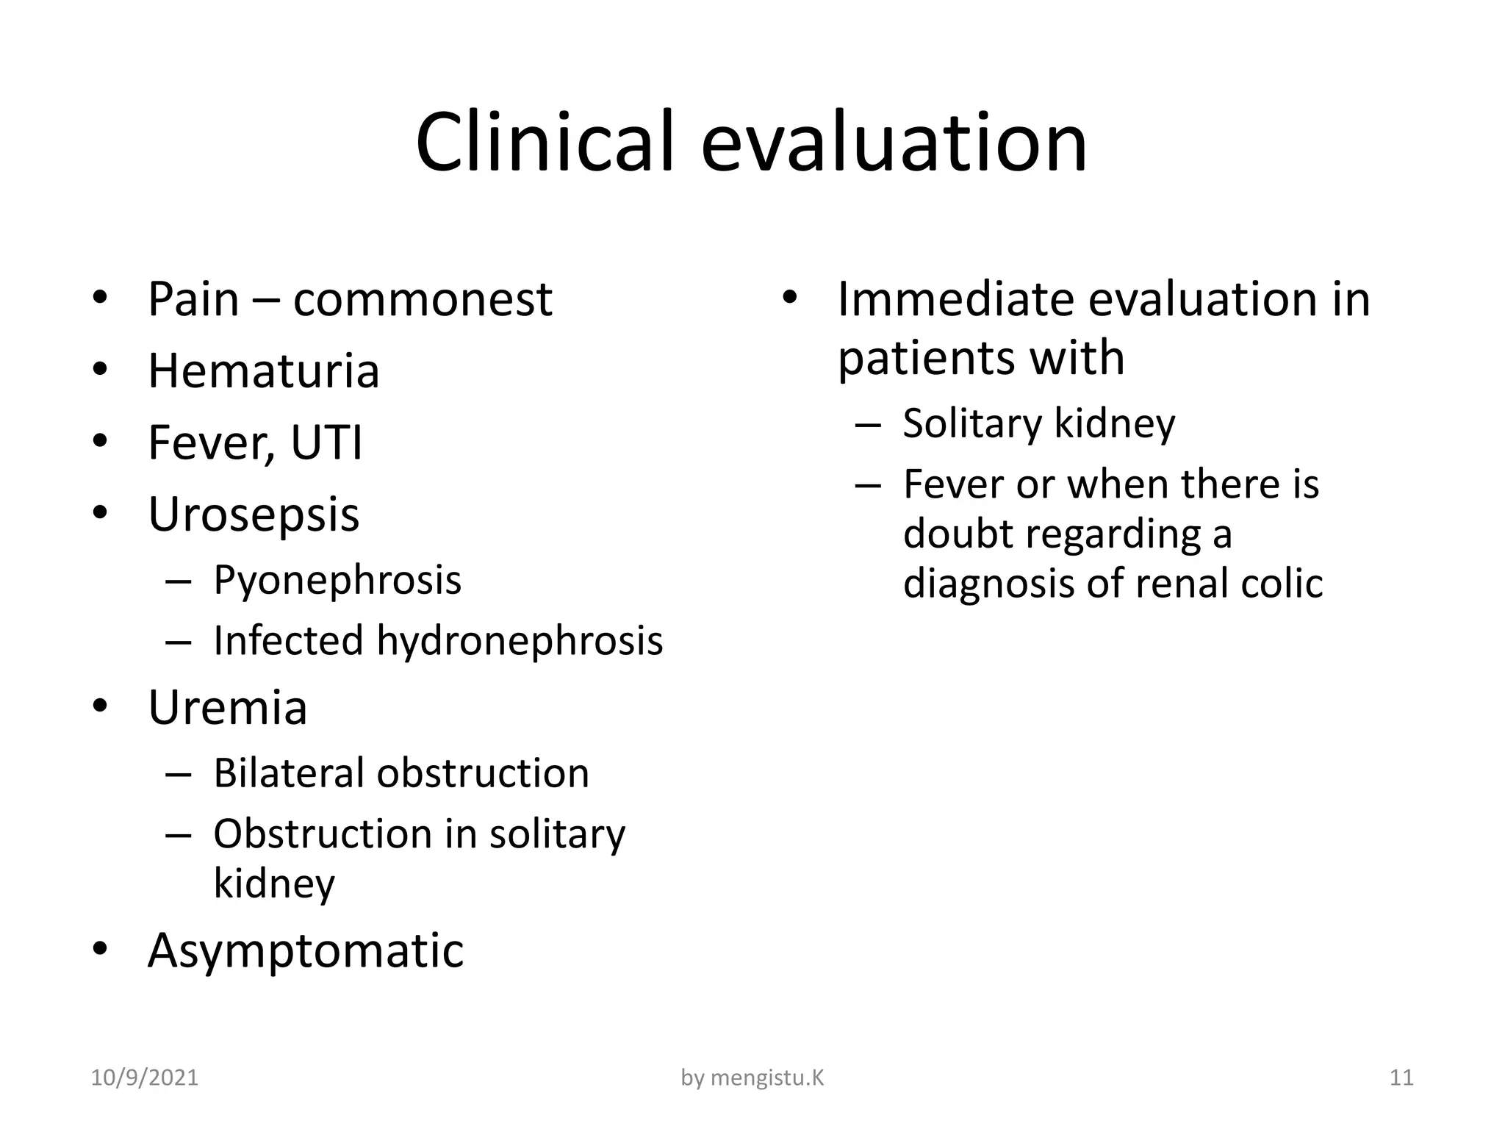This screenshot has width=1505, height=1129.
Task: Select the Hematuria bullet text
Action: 263,371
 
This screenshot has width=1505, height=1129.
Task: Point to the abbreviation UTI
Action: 326,443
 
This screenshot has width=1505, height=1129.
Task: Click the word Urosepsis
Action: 254,514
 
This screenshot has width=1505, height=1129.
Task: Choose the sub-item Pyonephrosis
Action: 337,580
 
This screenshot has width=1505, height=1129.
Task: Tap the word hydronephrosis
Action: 520,641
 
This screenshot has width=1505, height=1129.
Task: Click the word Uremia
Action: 227,708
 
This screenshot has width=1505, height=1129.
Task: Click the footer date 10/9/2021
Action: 145,1078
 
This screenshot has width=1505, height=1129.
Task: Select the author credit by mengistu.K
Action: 752,1078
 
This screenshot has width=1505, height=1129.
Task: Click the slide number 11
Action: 1401,1078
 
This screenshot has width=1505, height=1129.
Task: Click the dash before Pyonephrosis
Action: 179,581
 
